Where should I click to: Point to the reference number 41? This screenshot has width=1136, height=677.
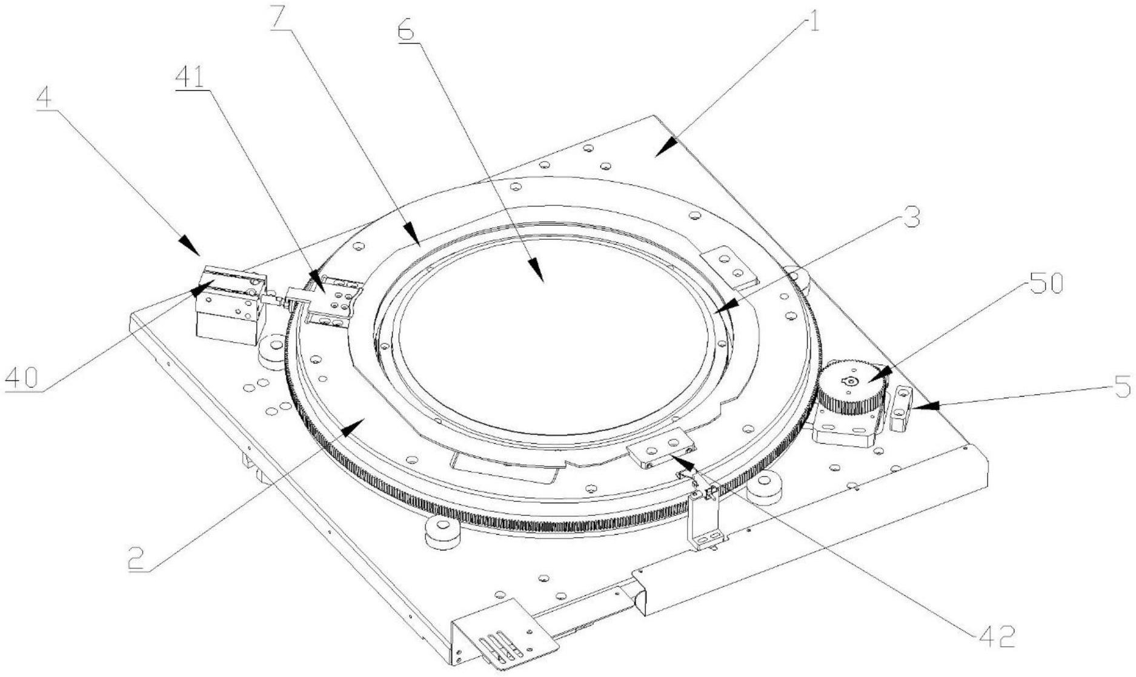[x=190, y=78]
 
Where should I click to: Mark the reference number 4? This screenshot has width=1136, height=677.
[x=44, y=99]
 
